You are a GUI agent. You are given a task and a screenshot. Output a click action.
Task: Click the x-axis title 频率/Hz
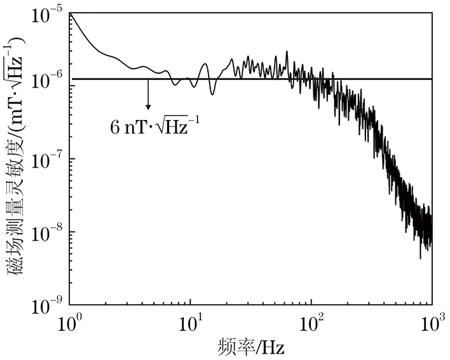(x=251, y=348)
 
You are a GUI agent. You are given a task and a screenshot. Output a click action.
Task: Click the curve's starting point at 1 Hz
(x=70, y=13)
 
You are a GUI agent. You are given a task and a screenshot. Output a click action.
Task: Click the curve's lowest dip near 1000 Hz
(x=420, y=258)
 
